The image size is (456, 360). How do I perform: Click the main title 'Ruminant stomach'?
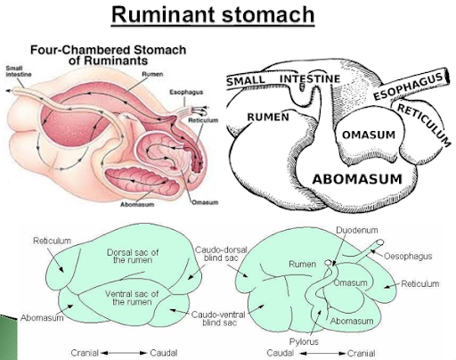click(x=213, y=14)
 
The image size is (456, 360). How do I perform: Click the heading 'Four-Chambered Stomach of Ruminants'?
click(x=109, y=55)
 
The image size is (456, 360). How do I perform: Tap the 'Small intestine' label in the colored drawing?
click(x=19, y=71)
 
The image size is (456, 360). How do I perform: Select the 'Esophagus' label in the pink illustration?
click(x=186, y=92)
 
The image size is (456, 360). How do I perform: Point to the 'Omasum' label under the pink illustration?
click(x=205, y=202)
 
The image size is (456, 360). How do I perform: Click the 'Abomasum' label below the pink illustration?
click(x=137, y=204)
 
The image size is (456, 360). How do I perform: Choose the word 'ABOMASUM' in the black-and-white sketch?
click(x=357, y=179)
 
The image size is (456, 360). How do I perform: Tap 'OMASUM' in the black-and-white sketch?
click(x=369, y=135)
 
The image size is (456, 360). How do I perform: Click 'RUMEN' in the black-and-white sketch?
click(x=268, y=117)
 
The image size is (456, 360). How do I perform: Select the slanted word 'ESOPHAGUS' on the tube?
click(x=408, y=86)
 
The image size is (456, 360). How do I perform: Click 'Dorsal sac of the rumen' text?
click(x=133, y=257)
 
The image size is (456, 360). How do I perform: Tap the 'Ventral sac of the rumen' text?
click(x=132, y=298)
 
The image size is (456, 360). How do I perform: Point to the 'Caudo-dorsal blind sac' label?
click(x=221, y=254)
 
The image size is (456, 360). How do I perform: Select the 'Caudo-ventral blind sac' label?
click(x=218, y=318)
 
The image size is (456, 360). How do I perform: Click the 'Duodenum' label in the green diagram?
click(x=357, y=230)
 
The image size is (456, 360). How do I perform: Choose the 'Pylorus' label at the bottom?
click(x=304, y=342)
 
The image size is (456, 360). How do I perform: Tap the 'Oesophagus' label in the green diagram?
click(x=408, y=256)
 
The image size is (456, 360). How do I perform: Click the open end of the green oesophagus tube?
click(x=379, y=242)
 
